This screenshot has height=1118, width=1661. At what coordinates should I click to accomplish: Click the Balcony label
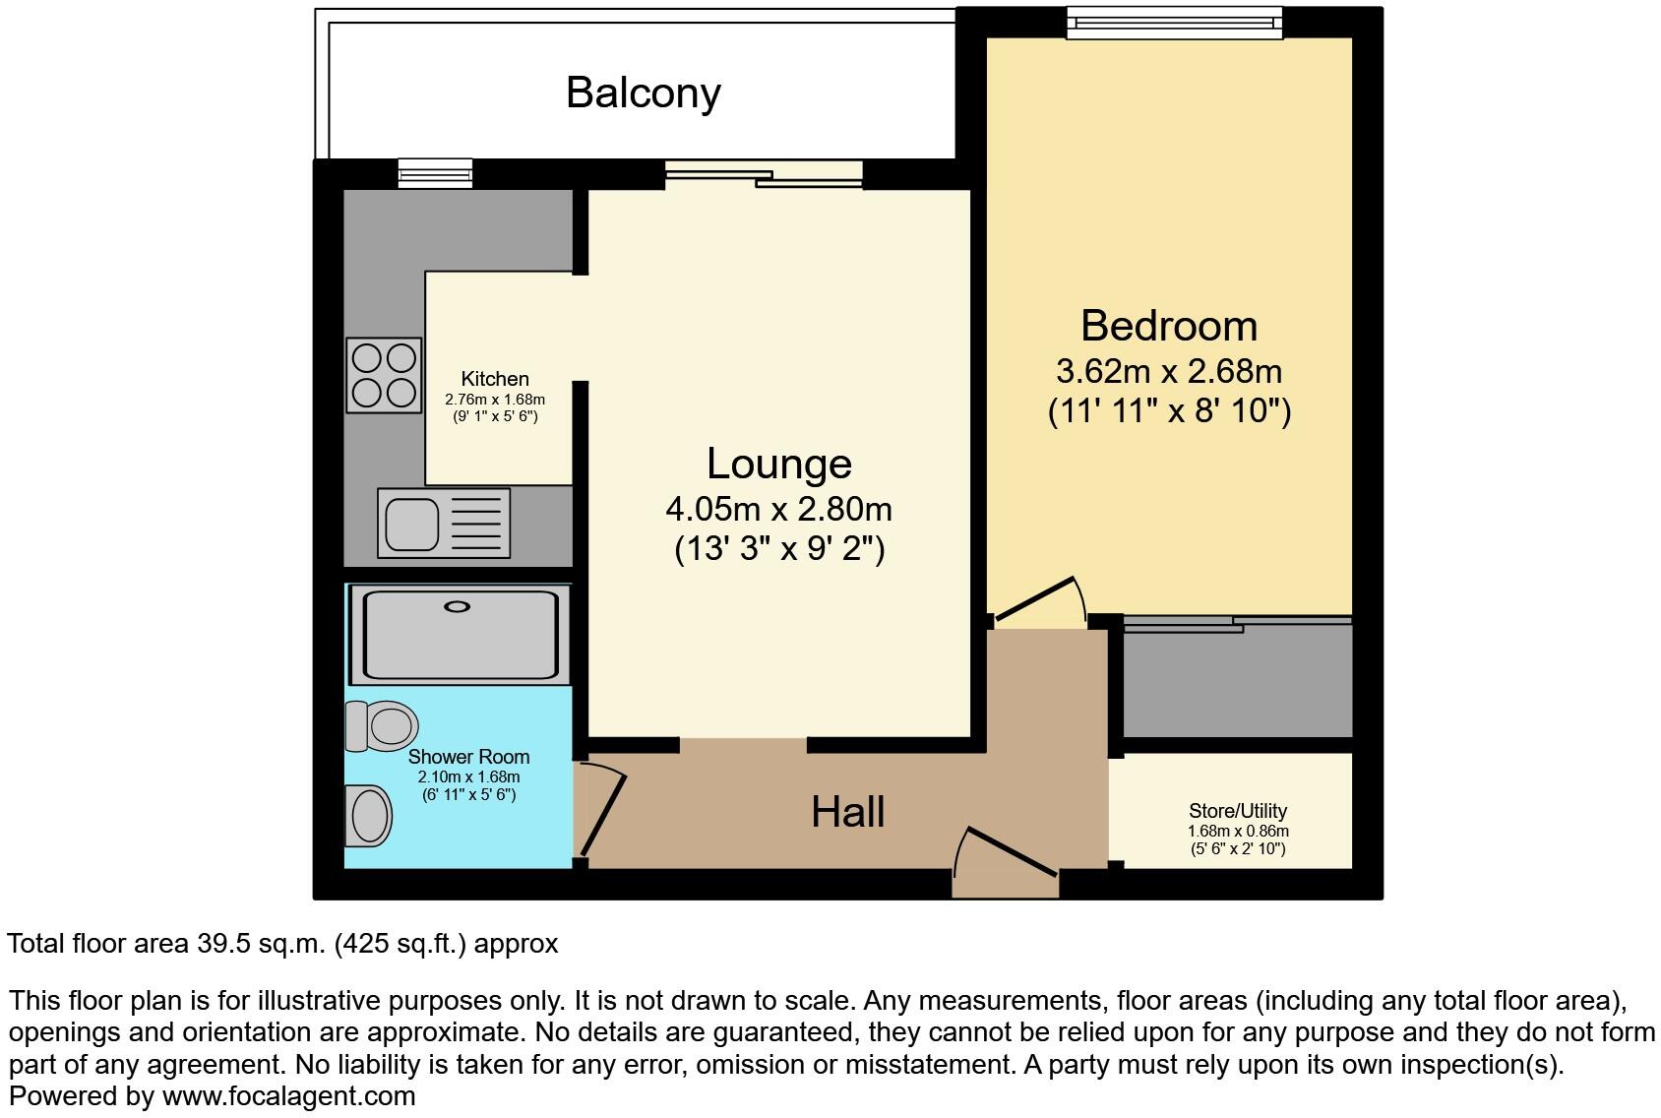pyautogui.click(x=644, y=93)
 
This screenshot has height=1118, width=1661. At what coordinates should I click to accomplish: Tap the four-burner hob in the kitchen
pyautogui.click(x=384, y=375)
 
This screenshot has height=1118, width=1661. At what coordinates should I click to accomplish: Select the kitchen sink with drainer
pyautogui.click(x=443, y=524)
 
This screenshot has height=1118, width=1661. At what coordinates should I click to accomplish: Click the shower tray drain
pyautogui.click(x=458, y=607)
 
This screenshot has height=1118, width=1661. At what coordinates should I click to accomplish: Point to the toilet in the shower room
pyautogui.click(x=381, y=726)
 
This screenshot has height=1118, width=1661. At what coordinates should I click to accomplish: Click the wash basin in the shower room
pyautogui.click(x=369, y=816)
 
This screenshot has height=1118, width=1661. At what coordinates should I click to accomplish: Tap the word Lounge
pyautogui.click(x=778, y=464)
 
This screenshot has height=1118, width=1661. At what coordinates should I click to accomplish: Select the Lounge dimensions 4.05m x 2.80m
pyautogui.click(x=778, y=509)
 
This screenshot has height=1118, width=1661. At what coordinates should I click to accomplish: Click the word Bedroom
pyautogui.click(x=1168, y=326)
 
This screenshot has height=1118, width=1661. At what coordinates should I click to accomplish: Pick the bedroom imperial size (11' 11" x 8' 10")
pyautogui.click(x=1168, y=409)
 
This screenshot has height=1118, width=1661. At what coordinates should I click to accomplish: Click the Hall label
pyautogui.click(x=847, y=812)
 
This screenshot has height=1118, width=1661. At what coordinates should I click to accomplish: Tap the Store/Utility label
pyautogui.click(x=1237, y=811)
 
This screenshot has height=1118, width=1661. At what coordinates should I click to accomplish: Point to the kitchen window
pyautogui.click(x=435, y=173)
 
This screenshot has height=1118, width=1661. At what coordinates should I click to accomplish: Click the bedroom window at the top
pyautogui.click(x=1175, y=22)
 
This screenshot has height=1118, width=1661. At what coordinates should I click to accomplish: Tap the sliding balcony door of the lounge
pyautogui.click(x=763, y=175)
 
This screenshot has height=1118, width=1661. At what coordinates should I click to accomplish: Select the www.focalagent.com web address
pyautogui.click(x=288, y=1095)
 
